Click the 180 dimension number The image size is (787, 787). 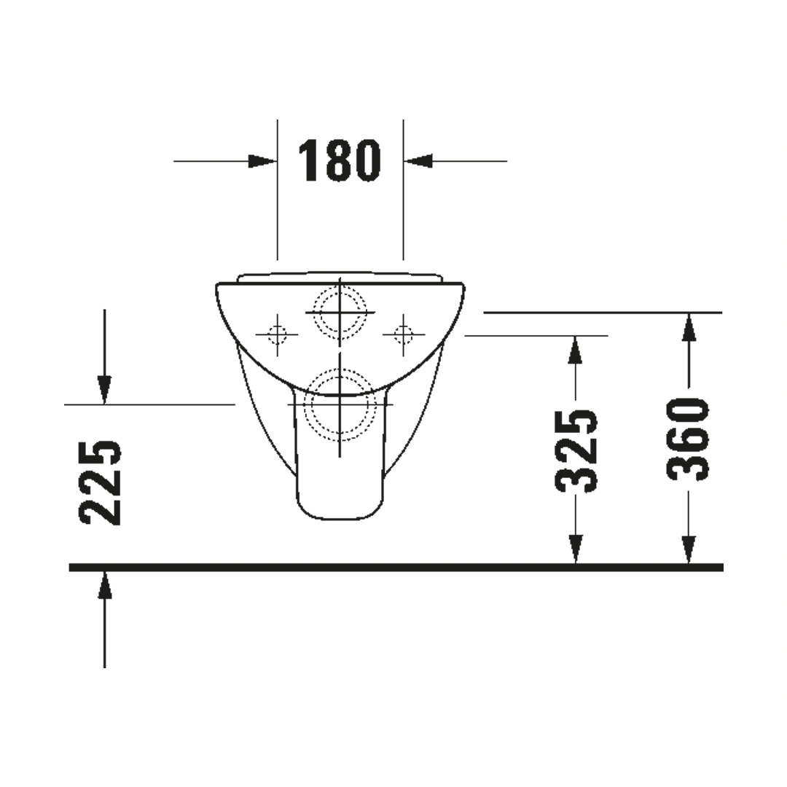coord(340,160)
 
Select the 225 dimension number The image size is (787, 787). coord(101,483)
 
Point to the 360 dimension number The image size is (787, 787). coord(688,440)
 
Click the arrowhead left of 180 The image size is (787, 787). coord(262,161)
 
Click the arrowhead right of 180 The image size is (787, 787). coord(418,161)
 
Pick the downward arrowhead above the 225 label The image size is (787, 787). coord(104,389)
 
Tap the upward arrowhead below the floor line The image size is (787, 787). coord(104,585)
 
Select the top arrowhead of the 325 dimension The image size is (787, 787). coord(576,350)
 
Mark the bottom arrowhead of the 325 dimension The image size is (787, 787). coord(576,549)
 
